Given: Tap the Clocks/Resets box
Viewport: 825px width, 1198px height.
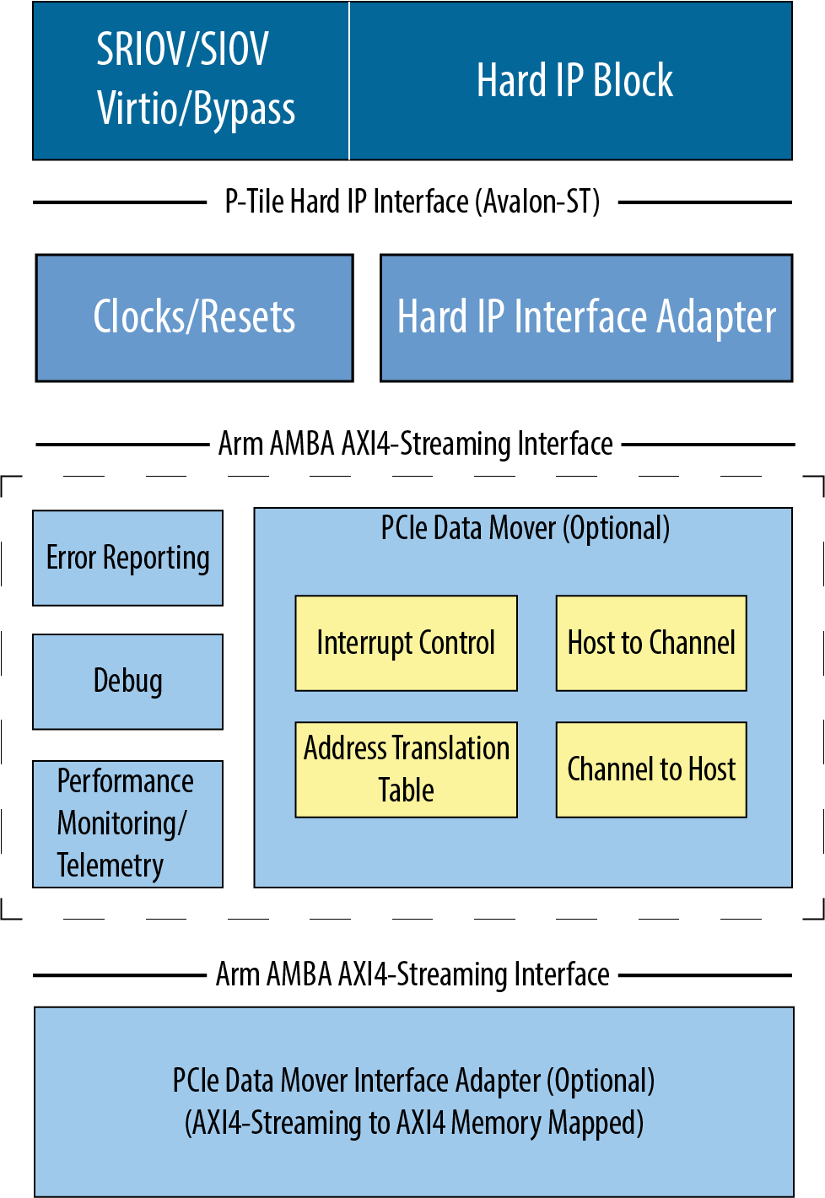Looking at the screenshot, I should pos(194,318).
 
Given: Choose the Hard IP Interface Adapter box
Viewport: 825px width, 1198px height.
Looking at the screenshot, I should pos(586,318).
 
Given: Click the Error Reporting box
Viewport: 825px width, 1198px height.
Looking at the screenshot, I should pos(127,558).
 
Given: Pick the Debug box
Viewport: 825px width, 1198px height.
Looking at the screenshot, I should pos(127,682).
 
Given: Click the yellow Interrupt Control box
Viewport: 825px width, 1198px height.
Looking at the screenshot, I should pos(406,644).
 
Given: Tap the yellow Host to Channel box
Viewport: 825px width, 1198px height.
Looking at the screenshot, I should pos(651,644).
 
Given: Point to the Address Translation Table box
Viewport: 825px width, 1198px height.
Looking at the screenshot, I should pos(406,769).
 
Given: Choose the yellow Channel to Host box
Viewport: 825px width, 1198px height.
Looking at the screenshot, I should pos(651,769).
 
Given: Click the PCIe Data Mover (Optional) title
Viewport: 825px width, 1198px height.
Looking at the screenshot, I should pos(525,529).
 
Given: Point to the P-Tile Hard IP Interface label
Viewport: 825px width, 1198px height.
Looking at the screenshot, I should pos(346,202).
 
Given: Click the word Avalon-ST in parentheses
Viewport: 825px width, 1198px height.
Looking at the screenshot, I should pos(538,202).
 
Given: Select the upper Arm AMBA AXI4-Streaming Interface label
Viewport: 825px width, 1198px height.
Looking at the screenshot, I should pos(415,444).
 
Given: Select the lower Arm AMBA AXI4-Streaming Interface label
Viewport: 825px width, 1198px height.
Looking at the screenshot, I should pos(412,974).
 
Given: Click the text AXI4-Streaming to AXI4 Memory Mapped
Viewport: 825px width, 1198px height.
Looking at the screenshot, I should pos(413,1123).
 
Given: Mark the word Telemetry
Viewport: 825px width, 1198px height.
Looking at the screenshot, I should pos(111,866).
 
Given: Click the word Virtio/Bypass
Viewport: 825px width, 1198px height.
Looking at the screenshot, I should pos(196,110).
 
